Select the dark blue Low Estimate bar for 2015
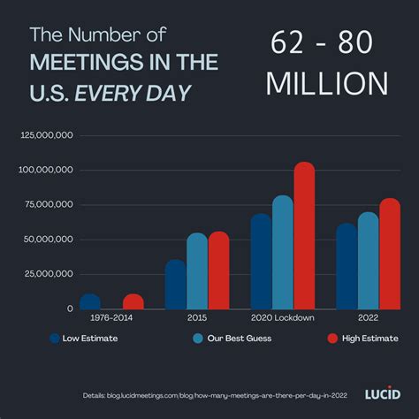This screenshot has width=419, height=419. click(x=176, y=285)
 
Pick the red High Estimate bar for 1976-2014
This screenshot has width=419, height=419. click(x=133, y=301)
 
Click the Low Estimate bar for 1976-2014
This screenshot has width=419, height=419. click(x=90, y=301)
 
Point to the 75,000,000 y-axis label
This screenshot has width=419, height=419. click(x=45, y=204)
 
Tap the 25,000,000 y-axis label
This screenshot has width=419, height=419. click(x=45, y=274)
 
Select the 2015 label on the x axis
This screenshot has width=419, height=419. click(x=197, y=316)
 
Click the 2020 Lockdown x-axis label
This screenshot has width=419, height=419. click(x=283, y=316)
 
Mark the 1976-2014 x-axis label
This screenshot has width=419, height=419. click(x=111, y=316)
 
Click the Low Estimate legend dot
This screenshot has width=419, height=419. click(x=55, y=338)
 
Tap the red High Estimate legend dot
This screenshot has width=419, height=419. click(x=332, y=338)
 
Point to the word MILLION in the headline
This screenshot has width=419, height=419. click(x=327, y=82)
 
